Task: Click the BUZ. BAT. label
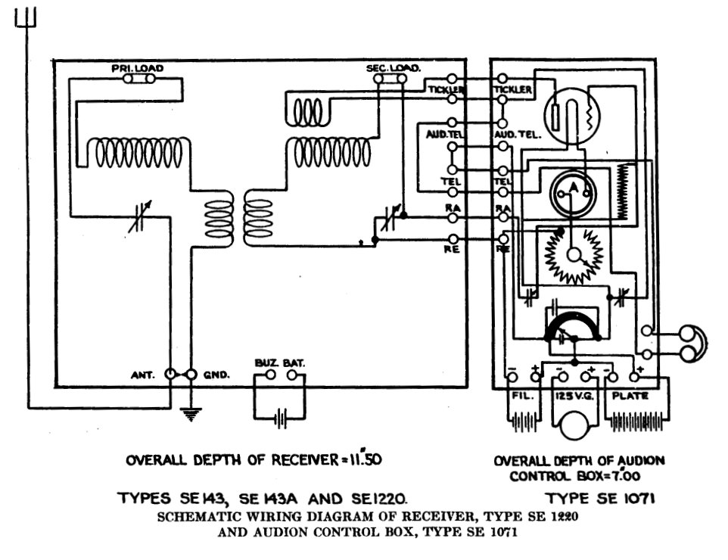point(279,363)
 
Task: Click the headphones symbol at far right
point(690,342)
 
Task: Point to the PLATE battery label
point(629,395)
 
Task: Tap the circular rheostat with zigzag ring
point(573,254)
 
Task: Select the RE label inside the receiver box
point(451,249)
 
